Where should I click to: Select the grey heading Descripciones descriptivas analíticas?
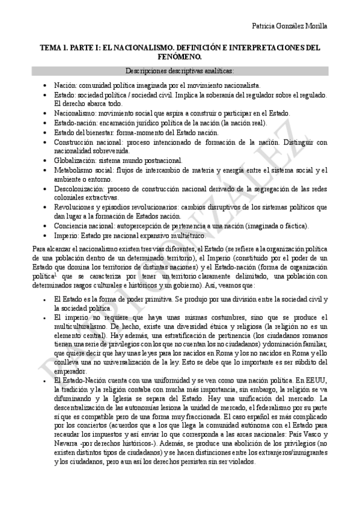[x=180, y=71]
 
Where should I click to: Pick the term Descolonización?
[x=76, y=189]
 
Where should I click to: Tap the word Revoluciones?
[x=75, y=207]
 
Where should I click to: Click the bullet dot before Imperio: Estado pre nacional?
[x=46, y=235]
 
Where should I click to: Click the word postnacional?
[x=144, y=161]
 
